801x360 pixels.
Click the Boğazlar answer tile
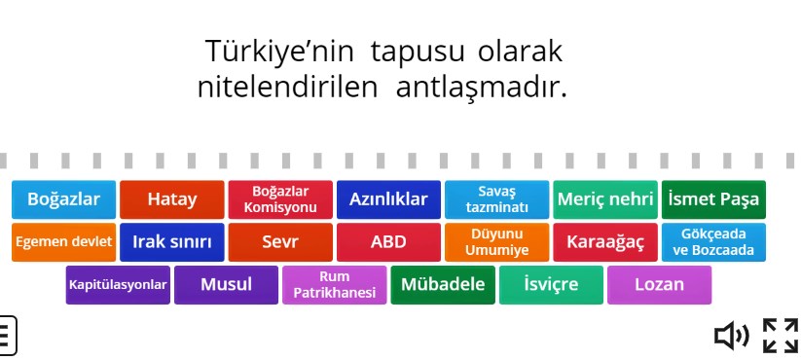coord(63,199)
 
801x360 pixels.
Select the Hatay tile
coord(172,199)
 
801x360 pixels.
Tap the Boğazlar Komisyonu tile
coord(280,199)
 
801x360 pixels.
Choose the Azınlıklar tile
coord(388,199)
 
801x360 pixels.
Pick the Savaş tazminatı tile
coord(496,199)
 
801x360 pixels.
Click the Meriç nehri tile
coord(604,199)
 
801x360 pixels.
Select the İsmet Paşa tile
coord(713,199)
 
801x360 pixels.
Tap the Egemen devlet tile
coord(63,242)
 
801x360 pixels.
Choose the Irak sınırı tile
coord(172,242)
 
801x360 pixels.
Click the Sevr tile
coord(280,242)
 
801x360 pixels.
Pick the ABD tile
coord(388,242)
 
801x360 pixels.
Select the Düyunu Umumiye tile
coord(496,242)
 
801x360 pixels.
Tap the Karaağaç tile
coord(604,242)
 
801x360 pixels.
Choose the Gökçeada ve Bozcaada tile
coord(713,242)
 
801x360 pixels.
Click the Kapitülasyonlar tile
coord(118,285)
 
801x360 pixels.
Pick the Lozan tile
coord(659,285)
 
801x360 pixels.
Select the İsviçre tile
coord(551,285)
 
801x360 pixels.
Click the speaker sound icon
coord(731,336)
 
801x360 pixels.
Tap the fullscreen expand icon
coord(780,336)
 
